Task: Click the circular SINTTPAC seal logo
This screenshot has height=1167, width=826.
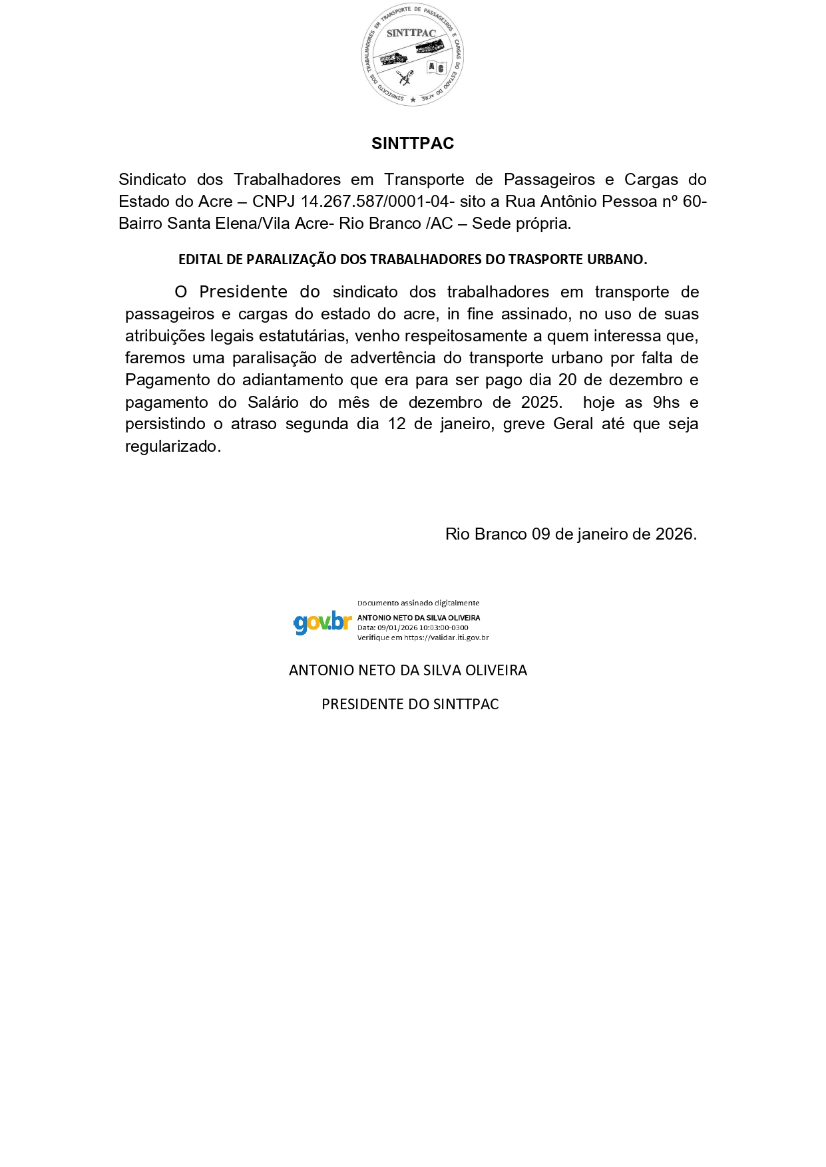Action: point(413,55)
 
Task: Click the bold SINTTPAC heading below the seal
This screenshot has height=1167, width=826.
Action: point(413,144)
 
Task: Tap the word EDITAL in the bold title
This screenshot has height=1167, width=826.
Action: point(201,259)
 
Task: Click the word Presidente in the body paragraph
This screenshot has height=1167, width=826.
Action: point(244,292)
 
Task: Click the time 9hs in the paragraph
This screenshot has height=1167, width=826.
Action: point(666,403)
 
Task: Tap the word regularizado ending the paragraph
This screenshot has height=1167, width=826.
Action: point(172,446)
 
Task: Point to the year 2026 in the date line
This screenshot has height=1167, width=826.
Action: point(676,534)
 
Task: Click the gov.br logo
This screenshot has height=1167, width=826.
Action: point(322,622)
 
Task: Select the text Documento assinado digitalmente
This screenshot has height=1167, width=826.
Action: point(418,603)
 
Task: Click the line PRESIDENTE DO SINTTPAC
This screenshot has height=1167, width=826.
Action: point(410,705)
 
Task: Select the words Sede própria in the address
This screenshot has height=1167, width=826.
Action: point(520,224)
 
